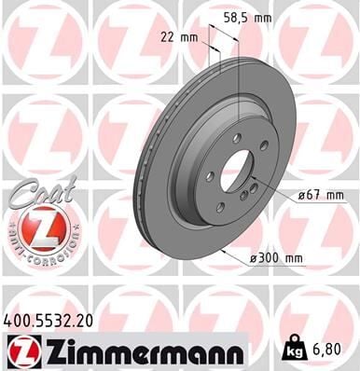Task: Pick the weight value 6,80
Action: (327, 350)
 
